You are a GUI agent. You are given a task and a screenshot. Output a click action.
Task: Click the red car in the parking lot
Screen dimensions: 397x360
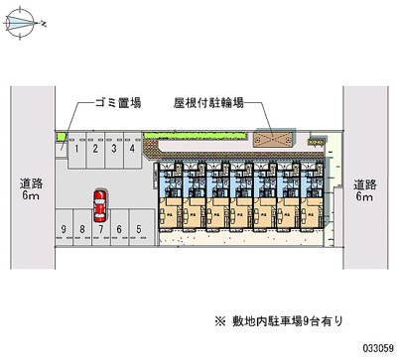(x=99, y=206)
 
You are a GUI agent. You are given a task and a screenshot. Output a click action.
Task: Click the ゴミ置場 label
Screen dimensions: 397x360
(x=116, y=102)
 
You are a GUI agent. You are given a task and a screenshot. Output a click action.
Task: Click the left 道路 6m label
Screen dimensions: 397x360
(x=29, y=189)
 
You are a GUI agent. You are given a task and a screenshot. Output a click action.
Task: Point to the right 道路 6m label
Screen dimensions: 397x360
(x=364, y=189)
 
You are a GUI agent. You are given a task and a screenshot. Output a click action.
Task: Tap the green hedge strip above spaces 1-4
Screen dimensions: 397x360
(x=99, y=129)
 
